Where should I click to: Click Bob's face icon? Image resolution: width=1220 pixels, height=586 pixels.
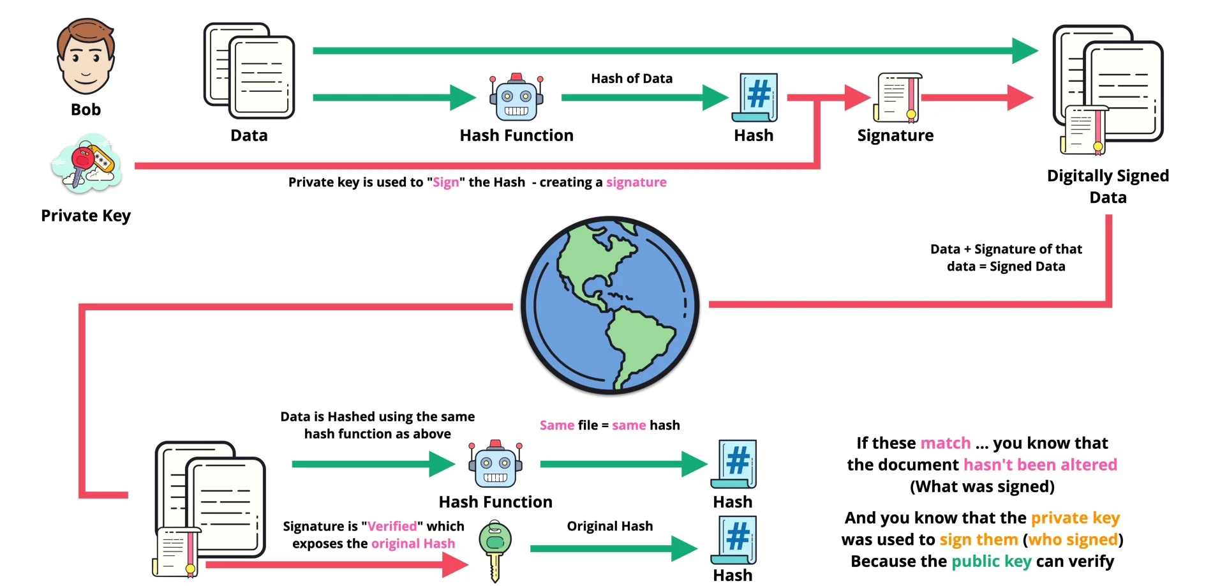(x=86, y=57)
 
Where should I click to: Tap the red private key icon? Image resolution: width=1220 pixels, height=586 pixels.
(x=84, y=163)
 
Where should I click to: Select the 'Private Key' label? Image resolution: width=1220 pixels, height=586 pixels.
(x=86, y=216)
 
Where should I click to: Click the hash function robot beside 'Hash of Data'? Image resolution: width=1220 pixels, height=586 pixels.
(x=516, y=98)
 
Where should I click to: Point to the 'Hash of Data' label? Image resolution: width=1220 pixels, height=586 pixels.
(x=631, y=79)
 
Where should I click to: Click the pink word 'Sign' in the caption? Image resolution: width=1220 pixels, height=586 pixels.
(x=445, y=183)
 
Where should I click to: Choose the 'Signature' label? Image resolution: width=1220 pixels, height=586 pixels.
(x=895, y=135)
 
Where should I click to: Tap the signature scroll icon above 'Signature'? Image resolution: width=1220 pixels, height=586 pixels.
(x=898, y=98)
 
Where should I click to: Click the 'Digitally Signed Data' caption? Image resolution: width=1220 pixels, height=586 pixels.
(x=1108, y=186)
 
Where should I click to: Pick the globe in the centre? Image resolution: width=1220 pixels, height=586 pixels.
(x=610, y=305)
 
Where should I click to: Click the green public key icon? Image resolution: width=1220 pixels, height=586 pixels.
(x=495, y=549)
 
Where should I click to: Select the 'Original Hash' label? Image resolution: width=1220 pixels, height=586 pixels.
(x=609, y=526)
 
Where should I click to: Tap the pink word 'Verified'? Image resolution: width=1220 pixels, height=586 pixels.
(x=392, y=526)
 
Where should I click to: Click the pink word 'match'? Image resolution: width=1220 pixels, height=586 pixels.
(x=945, y=443)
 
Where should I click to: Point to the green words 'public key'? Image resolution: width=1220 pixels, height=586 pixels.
(x=991, y=561)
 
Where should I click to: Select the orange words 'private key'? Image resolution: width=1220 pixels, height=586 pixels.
(x=1075, y=518)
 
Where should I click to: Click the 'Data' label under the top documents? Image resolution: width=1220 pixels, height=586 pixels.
(x=249, y=135)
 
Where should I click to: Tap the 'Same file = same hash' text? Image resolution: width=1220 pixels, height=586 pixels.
(x=609, y=425)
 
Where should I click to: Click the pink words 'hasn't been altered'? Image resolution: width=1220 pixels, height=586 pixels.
(x=1040, y=465)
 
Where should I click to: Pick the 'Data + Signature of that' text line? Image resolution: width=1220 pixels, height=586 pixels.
(x=1006, y=249)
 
